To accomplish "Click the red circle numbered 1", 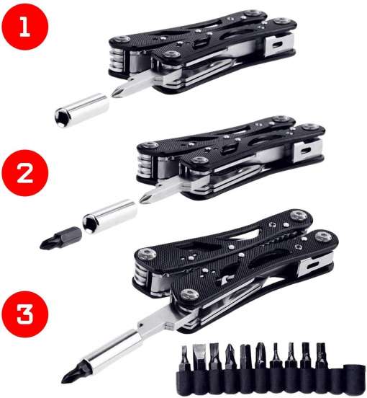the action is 24,27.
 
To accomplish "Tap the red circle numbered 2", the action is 24,173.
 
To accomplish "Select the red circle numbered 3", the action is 24,314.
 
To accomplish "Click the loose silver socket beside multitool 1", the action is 82,110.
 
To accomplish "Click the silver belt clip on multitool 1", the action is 279,45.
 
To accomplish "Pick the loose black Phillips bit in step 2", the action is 60,238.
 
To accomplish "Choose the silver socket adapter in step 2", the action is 110,216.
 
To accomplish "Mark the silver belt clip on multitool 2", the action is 308,151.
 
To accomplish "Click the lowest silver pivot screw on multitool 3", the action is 189,295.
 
